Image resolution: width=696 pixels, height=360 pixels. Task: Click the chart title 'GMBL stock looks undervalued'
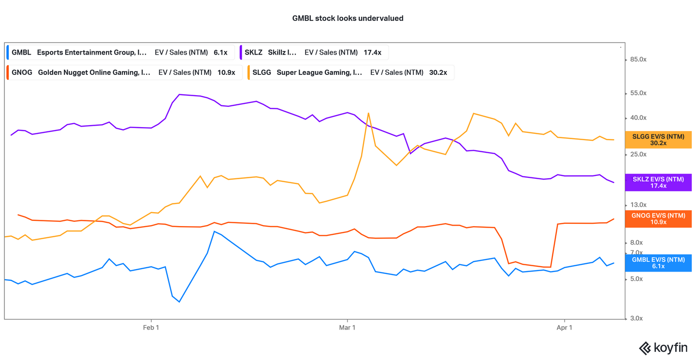click(348, 18)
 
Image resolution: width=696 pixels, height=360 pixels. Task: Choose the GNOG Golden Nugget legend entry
click(124, 72)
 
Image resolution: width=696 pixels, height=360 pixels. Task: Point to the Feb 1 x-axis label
click(151, 328)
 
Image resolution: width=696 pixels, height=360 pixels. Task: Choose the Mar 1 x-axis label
click(347, 328)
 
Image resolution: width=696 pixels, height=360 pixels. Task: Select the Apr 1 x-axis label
click(565, 328)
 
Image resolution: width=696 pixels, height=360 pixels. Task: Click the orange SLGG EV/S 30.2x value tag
click(658, 140)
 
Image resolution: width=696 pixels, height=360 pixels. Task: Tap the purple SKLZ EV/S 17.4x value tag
click(658, 182)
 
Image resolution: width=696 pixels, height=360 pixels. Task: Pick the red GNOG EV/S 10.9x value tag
click(658, 218)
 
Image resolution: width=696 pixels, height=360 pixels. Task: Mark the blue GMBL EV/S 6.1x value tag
click(658, 263)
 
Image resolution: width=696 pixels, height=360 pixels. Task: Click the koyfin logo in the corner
click(663, 348)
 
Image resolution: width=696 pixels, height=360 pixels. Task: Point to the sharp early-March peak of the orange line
click(368, 114)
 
